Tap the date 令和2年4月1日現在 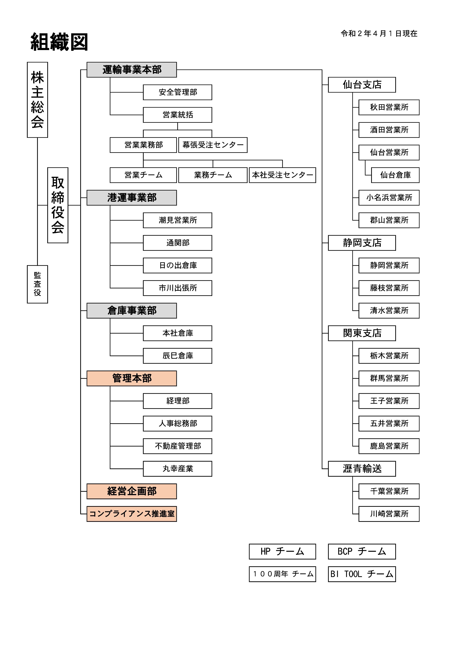coord(379,34)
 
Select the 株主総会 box coord(37,100)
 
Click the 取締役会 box coord(58,205)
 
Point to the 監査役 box coord(37,284)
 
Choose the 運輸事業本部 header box coord(132,70)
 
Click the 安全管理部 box coord(177,92)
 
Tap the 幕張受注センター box coord(213,145)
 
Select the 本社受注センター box coord(282,175)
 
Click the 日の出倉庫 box coord(177,265)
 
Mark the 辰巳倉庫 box coord(177,356)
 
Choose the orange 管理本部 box coord(132,378)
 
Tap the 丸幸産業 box coord(177,469)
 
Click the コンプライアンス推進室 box coord(132,514)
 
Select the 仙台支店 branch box coord(362,85)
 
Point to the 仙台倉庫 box coord(395,175)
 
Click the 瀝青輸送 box coord(362,469)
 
